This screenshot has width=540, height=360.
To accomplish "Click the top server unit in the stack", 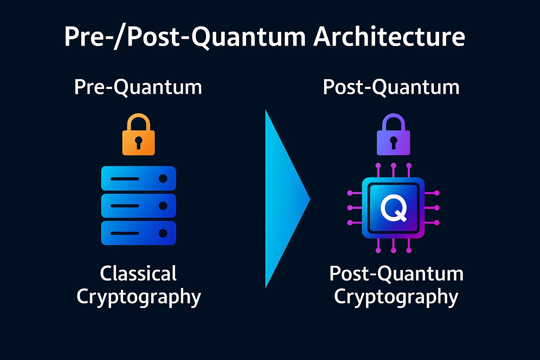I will tap(139, 179).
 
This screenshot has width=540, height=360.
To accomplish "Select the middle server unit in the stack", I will tap(139, 206).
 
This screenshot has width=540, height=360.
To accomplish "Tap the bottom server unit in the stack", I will tap(139, 233).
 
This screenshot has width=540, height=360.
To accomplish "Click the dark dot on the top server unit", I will tap(163, 179).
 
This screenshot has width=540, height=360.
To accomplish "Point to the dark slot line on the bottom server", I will tap(125, 233).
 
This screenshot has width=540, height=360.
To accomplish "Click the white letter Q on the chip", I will tap(394, 208).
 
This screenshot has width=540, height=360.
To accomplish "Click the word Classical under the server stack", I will tap(138, 274).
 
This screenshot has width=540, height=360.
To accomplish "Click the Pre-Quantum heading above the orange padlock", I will tap(138, 87).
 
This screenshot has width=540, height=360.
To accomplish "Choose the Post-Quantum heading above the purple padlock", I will tap(391, 87).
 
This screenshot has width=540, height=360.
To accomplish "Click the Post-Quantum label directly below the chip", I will tap(396, 274).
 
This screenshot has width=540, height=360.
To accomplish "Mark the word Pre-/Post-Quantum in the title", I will tap(185, 37).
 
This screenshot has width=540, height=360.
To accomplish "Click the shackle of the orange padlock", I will tap(139, 120).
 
